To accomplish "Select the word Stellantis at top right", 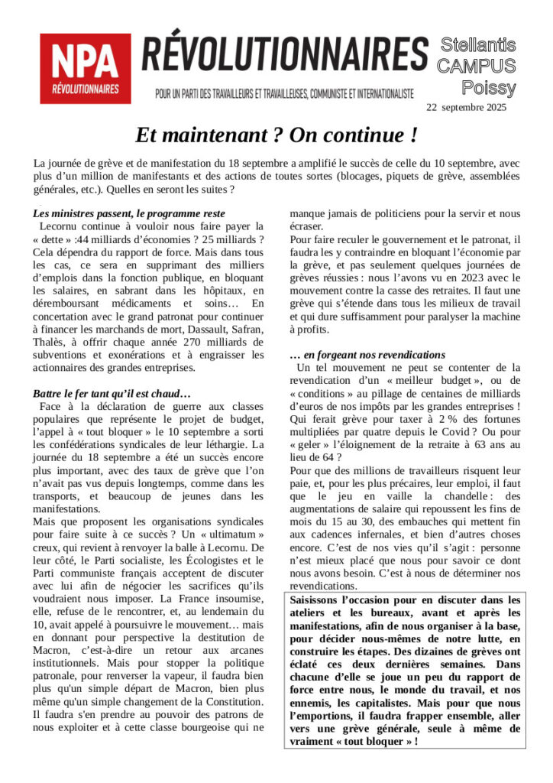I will point(479,46).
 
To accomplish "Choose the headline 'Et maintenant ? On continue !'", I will point(276,136).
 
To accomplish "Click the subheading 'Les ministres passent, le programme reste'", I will point(128,214).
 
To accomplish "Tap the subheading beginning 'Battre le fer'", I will point(112,393).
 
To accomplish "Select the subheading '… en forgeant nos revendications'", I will point(367,355).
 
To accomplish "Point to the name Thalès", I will point(51,342).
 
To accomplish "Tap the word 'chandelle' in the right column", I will point(453,498).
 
